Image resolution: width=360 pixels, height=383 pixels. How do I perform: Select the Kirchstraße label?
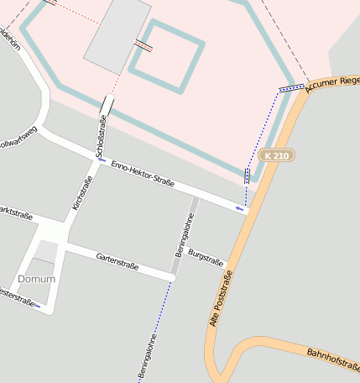[x=80, y=192]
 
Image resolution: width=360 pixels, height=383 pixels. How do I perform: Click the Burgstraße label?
[x=207, y=257]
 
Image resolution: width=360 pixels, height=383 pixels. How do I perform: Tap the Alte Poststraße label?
[x=219, y=297]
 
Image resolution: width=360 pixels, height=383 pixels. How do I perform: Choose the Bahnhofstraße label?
[x=333, y=361]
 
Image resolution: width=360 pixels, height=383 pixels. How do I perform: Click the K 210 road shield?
[x=277, y=156]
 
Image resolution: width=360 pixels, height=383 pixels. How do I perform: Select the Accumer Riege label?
[x=333, y=81]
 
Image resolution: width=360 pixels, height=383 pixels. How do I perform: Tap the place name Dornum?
[x=36, y=278]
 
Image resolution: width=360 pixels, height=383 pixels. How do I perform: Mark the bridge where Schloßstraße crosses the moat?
[x=107, y=105]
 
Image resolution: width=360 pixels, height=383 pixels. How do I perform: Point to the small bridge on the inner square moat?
[x=143, y=45]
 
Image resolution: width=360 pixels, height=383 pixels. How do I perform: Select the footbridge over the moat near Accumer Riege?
[x=291, y=87]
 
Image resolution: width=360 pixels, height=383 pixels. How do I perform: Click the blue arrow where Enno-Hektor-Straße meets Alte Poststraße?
[x=240, y=207]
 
